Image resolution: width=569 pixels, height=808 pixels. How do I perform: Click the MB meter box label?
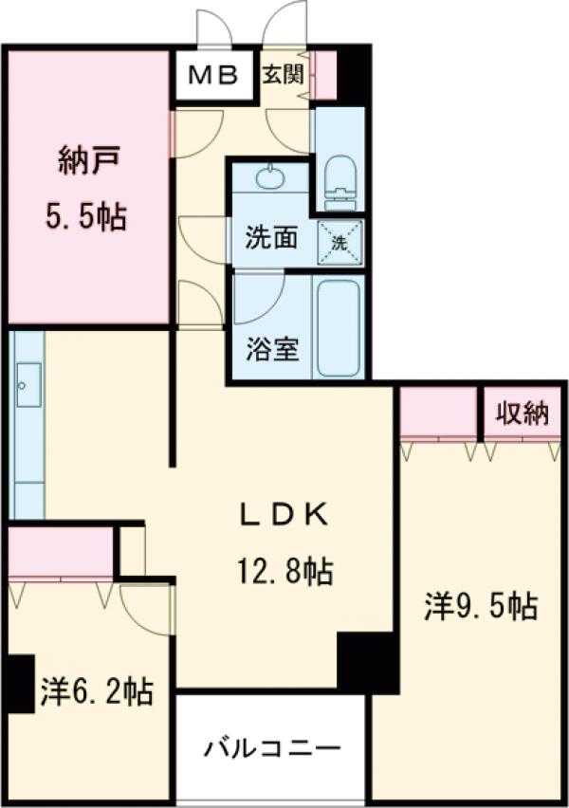(217, 75)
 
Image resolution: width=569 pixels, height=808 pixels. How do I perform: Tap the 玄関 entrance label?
(283, 74)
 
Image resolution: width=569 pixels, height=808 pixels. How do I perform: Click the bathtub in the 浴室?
(338, 328)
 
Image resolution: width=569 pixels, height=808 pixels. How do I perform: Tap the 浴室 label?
(273, 350)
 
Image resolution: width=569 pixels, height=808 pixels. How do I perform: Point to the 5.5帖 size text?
(87, 217)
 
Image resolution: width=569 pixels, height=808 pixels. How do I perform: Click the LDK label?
(283, 515)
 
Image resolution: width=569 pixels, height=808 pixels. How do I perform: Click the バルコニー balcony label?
(271, 749)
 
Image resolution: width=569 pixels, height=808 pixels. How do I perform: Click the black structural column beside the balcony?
(366, 661)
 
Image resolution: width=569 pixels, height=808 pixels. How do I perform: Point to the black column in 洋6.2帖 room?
(18, 684)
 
